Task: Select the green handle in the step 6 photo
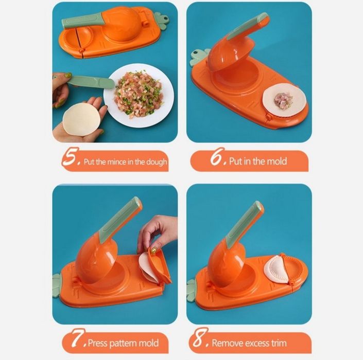tap(252, 32)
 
